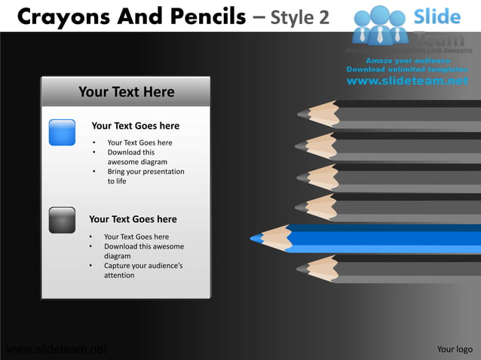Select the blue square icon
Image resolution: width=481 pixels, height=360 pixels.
pyautogui.click(x=62, y=132)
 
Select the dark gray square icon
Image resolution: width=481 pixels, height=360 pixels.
pyautogui.click(x=62, y=220)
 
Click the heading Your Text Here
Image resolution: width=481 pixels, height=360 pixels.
pyautogui.click(x=126, y=92)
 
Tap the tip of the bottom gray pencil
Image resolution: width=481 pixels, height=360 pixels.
pyautogui.click(x=301, y=267)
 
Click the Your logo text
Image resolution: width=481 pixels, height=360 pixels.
pyautogui.click(x=455, y=349)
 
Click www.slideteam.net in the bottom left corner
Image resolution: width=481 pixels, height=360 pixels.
pyautogui.click(x=54, y=349)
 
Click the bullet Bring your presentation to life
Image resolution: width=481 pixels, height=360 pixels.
pyautogui.click(x=146, y=176)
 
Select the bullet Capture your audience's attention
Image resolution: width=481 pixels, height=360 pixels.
pyautogui.click(x=142, y=270)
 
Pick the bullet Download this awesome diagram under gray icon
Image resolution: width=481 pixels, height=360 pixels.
pyautogui.click(x=143, y=251)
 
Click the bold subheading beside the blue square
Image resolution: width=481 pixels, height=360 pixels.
pyautogui.click(x=135, y=126)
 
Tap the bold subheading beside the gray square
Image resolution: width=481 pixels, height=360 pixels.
pyautogui.click(x=133, y=219)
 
